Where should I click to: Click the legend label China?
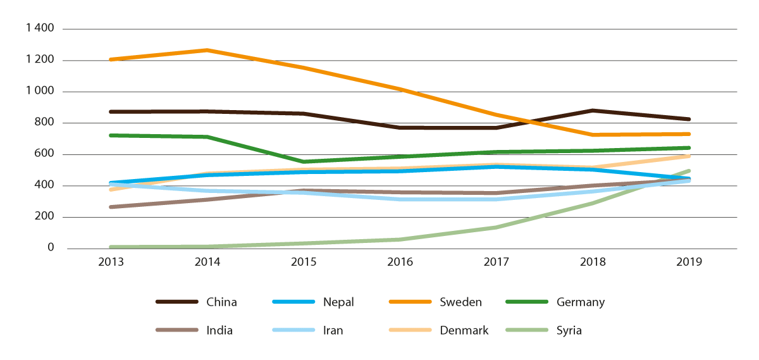pyautogui.click(x=221, y=302)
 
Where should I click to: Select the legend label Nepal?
pyautogui.click(x=338, y=302)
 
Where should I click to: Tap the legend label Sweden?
pyautogui.click(x=460, y=302)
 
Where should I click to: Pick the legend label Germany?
pyautogui.click(x=580, y=302)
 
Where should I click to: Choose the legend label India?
pyautogui.click(x=219, y=330)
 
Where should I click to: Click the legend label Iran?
pyautogui.click(x=333, y=330)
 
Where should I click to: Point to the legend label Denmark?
pyautogui.click(x=464, y=330)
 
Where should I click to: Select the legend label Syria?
pyautogui.click(x=569, y=330)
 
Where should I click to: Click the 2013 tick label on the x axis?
pyautogui.click(x=111, y=262)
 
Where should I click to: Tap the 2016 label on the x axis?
pyautogui.click(x=400, y=262)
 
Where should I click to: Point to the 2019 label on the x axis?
pyautogui.click(x=689, y=262)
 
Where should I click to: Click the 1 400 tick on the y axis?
pyautogui.click(x=40, y=29)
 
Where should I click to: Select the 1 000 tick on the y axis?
pyautogui.click(x=40, y=92)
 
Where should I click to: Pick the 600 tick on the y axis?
pyautogui.click(x=46, y=154)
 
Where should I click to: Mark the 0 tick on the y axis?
pyautogui.click(x=51, y=248)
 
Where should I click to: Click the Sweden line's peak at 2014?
pyautogui.click(x=207, y=50)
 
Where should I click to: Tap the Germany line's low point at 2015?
pyautogui.click(x=304, y=161)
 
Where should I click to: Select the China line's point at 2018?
pyautogui.click(x=593, y=111)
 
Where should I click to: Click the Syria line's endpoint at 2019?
pyautogui.click(x=689, y=171)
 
